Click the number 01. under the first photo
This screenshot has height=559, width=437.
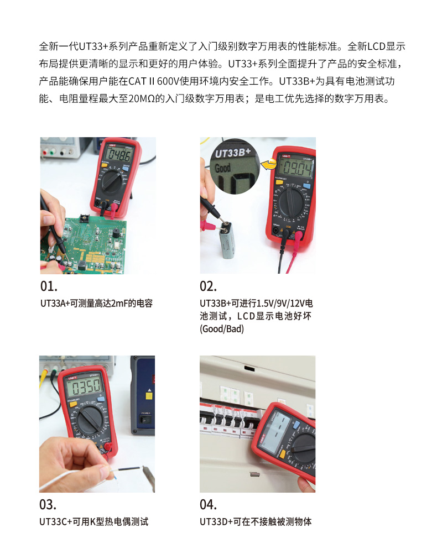(49, 286)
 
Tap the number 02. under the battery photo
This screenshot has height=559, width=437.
(208, 286)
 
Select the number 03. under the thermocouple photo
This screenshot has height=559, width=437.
(48, 504)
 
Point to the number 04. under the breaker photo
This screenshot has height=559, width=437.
(208, 504)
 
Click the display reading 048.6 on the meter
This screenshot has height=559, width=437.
(119, 155)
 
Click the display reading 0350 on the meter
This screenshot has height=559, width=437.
(85, 387)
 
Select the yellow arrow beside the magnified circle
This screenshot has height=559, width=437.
(269, 164)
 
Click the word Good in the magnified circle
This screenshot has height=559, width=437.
(222, 168)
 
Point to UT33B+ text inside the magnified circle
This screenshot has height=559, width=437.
(232, 153)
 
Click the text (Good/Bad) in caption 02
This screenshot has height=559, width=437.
(222, 328)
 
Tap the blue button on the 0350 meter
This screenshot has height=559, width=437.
(101, 399)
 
